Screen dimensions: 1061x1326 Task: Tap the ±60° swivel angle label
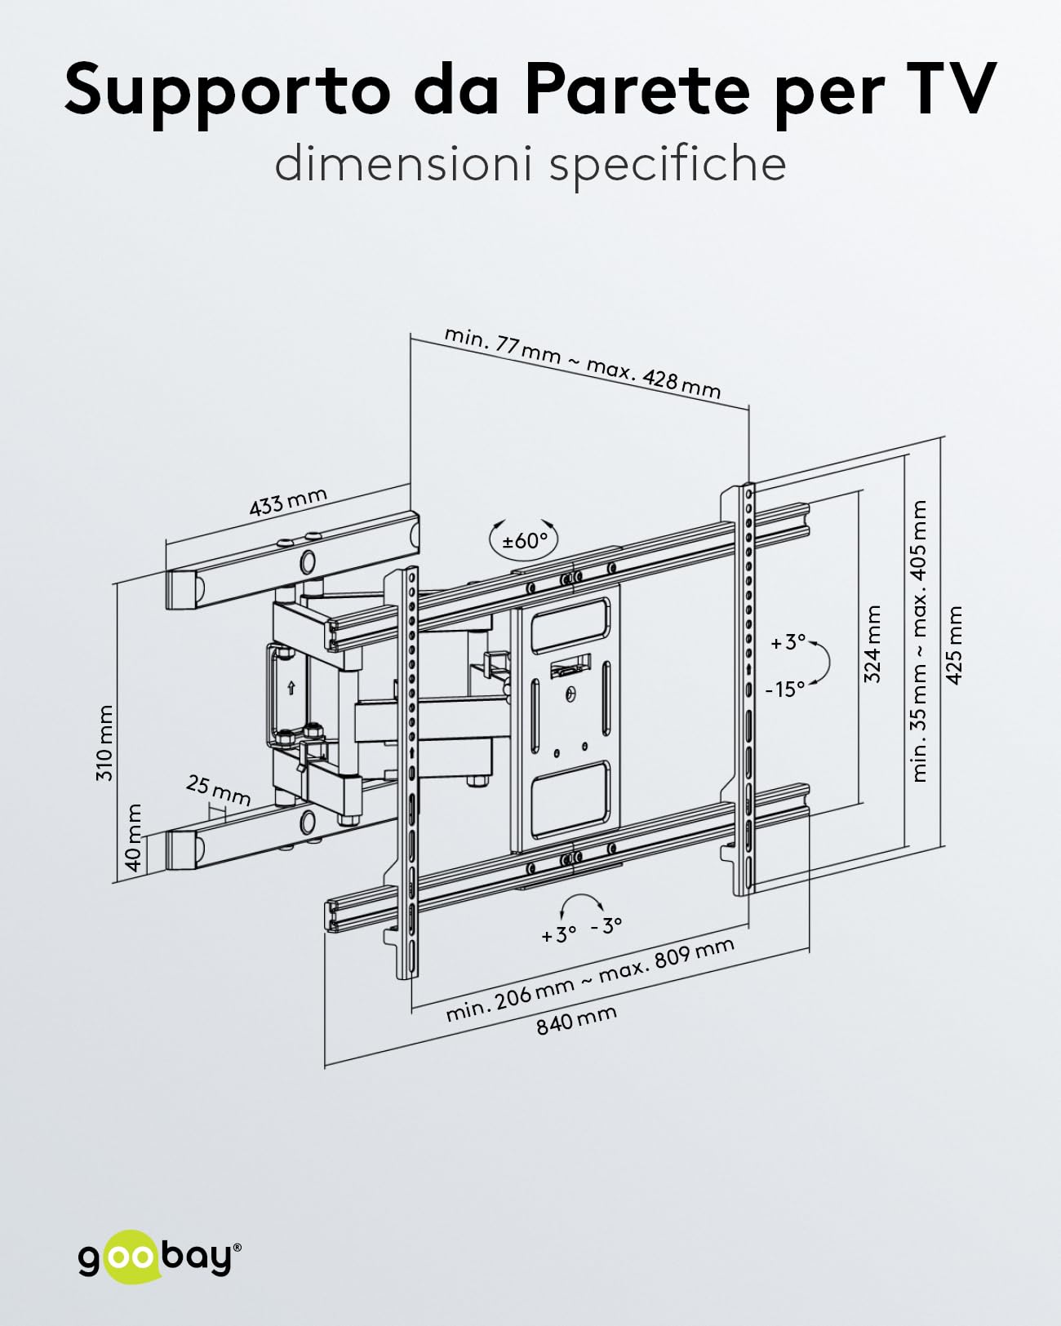[x=525, y=541]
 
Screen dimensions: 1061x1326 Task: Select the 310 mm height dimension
[x=104, y=743]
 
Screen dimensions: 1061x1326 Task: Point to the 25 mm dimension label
[x=218, y=792]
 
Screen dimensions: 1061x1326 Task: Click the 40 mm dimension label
[x=133, y=836]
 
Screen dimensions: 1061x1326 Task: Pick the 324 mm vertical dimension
[x=872, y=644]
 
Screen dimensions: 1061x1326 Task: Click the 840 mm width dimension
[x=576, y=1020]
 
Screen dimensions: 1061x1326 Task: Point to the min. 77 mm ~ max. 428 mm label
[x=582, y=362]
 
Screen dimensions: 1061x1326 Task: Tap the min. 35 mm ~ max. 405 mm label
[x=918, y=641]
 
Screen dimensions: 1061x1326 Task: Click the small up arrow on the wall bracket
[x=291, y=688]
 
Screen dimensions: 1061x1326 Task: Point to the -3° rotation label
[x=606, y=942]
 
